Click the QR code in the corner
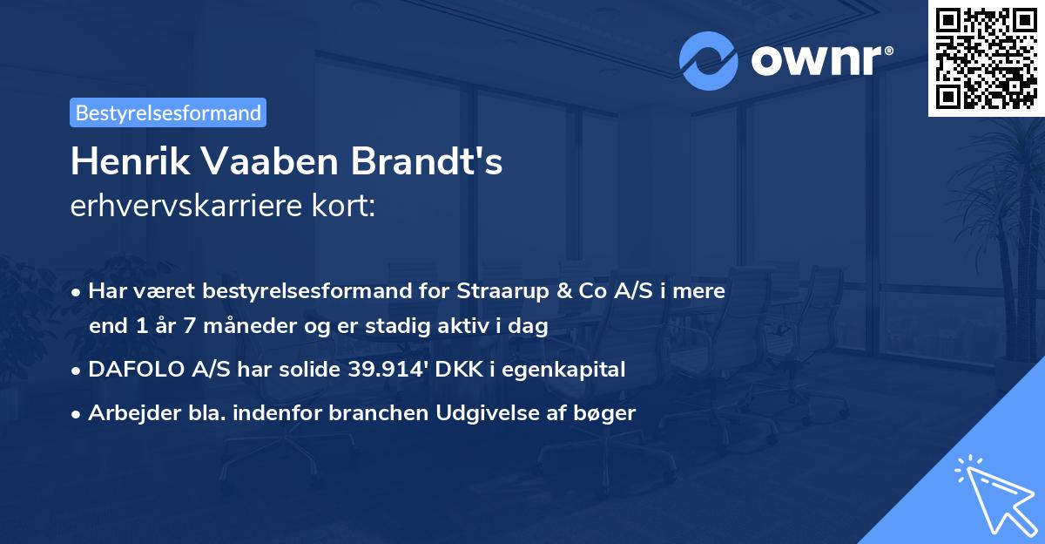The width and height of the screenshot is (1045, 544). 986,58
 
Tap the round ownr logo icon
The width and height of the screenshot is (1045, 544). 708,61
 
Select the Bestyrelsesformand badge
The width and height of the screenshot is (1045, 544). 168,112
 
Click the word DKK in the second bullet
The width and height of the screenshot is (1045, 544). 450,370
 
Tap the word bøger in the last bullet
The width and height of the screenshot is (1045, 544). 608,413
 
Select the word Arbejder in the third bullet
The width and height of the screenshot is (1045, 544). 125,413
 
